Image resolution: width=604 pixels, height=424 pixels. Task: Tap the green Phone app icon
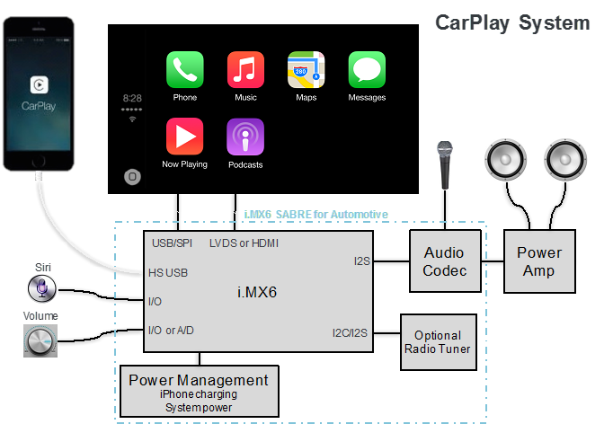tap(185, 70)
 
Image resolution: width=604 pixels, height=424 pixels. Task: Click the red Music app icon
tap(245, 70)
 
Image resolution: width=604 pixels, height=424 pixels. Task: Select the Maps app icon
tap(306, 70)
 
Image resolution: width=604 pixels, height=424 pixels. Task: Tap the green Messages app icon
tap(367, 70)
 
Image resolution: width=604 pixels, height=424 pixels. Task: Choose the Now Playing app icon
tap(185, 137)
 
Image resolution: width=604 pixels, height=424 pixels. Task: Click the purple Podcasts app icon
tap(245, 137)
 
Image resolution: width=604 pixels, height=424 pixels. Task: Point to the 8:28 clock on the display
tap(132, 98)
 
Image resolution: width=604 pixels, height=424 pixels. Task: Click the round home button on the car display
tap(132, 177)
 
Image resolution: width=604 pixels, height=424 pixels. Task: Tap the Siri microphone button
tap(42, 288)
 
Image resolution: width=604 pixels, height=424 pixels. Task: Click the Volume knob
tap(40, 340)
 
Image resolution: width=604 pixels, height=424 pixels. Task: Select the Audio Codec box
tap(445, 261)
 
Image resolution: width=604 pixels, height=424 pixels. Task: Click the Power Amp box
tap(539, 261)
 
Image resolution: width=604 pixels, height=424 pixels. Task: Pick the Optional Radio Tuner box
tap(439, 342)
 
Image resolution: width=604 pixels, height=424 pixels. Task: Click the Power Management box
tap(200, 391)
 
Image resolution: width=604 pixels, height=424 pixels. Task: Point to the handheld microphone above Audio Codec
tap(445, 165)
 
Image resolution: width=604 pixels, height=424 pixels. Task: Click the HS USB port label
tap(168, 273)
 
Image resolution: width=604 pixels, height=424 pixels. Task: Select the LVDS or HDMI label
tap(244, 243)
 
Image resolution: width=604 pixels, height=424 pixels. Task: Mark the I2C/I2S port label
tap(350, 332)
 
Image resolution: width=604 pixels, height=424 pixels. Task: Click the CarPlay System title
tap(512, 23)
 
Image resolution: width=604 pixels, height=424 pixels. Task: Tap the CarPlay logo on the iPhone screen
tap(39, 84)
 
